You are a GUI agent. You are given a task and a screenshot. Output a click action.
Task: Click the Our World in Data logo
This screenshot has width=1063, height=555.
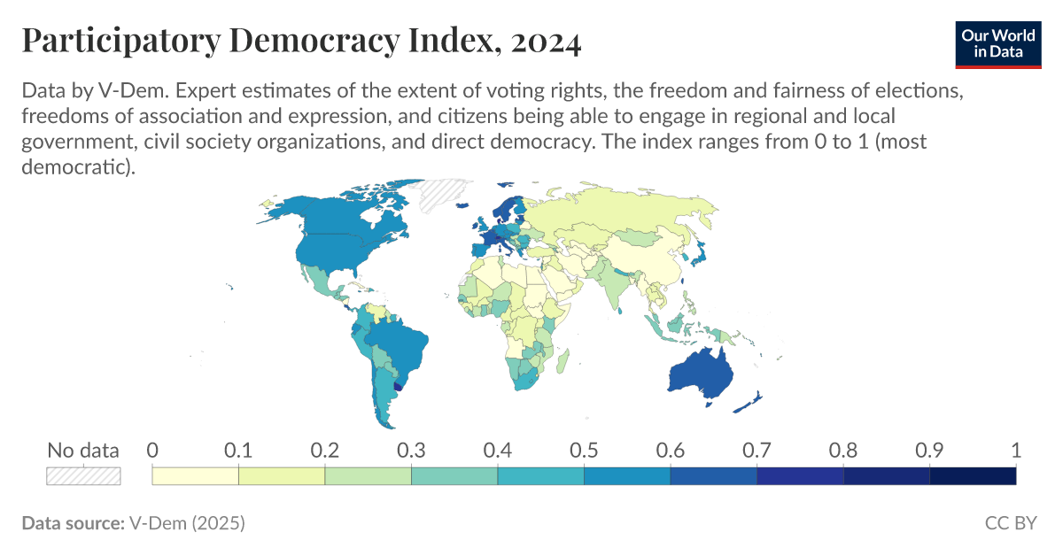pos(998,42)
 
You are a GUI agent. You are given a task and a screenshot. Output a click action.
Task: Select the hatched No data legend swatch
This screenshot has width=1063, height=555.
pos(83,476)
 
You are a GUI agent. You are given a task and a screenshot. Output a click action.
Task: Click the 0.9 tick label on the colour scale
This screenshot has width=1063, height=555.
pos(930,450)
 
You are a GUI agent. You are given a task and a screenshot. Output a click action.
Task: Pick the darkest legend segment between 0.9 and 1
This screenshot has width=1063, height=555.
pos(973,476)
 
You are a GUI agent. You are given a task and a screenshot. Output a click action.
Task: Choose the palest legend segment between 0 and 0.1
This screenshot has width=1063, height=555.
pos(196,476)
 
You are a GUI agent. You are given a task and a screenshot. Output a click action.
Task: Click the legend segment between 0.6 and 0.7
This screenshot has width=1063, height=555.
pos(714,476)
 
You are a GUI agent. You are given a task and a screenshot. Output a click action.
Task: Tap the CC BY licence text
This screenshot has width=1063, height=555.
pos(1010,523)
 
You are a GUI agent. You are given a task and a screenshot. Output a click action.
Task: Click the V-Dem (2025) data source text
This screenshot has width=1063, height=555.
pos(187,523)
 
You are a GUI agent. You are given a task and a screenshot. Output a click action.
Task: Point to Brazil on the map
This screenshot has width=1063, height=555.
pos(399,345)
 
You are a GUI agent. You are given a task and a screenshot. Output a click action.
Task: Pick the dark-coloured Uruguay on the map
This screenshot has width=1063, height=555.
pos(397,386)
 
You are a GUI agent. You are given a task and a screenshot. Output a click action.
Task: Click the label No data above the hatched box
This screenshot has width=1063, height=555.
pos(83,450)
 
